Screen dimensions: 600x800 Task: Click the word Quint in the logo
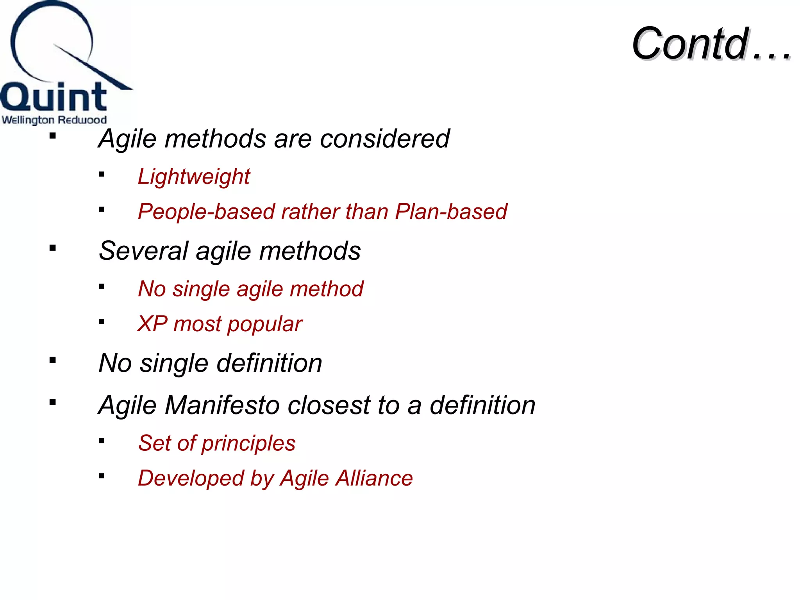coord(54,98)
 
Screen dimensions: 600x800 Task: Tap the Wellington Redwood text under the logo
coord(54,120)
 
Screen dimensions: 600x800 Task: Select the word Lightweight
coord(194,177)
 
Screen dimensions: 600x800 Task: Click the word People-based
coord(207,212)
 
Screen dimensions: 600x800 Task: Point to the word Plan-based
coord(451,212)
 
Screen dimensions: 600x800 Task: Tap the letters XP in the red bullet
coord(152,324)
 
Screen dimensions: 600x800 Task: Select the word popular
coord(264,325)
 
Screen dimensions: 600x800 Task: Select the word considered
coord(384,139)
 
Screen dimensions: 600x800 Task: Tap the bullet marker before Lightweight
coord(102,175)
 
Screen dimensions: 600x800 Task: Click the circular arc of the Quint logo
coord(16,59)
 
